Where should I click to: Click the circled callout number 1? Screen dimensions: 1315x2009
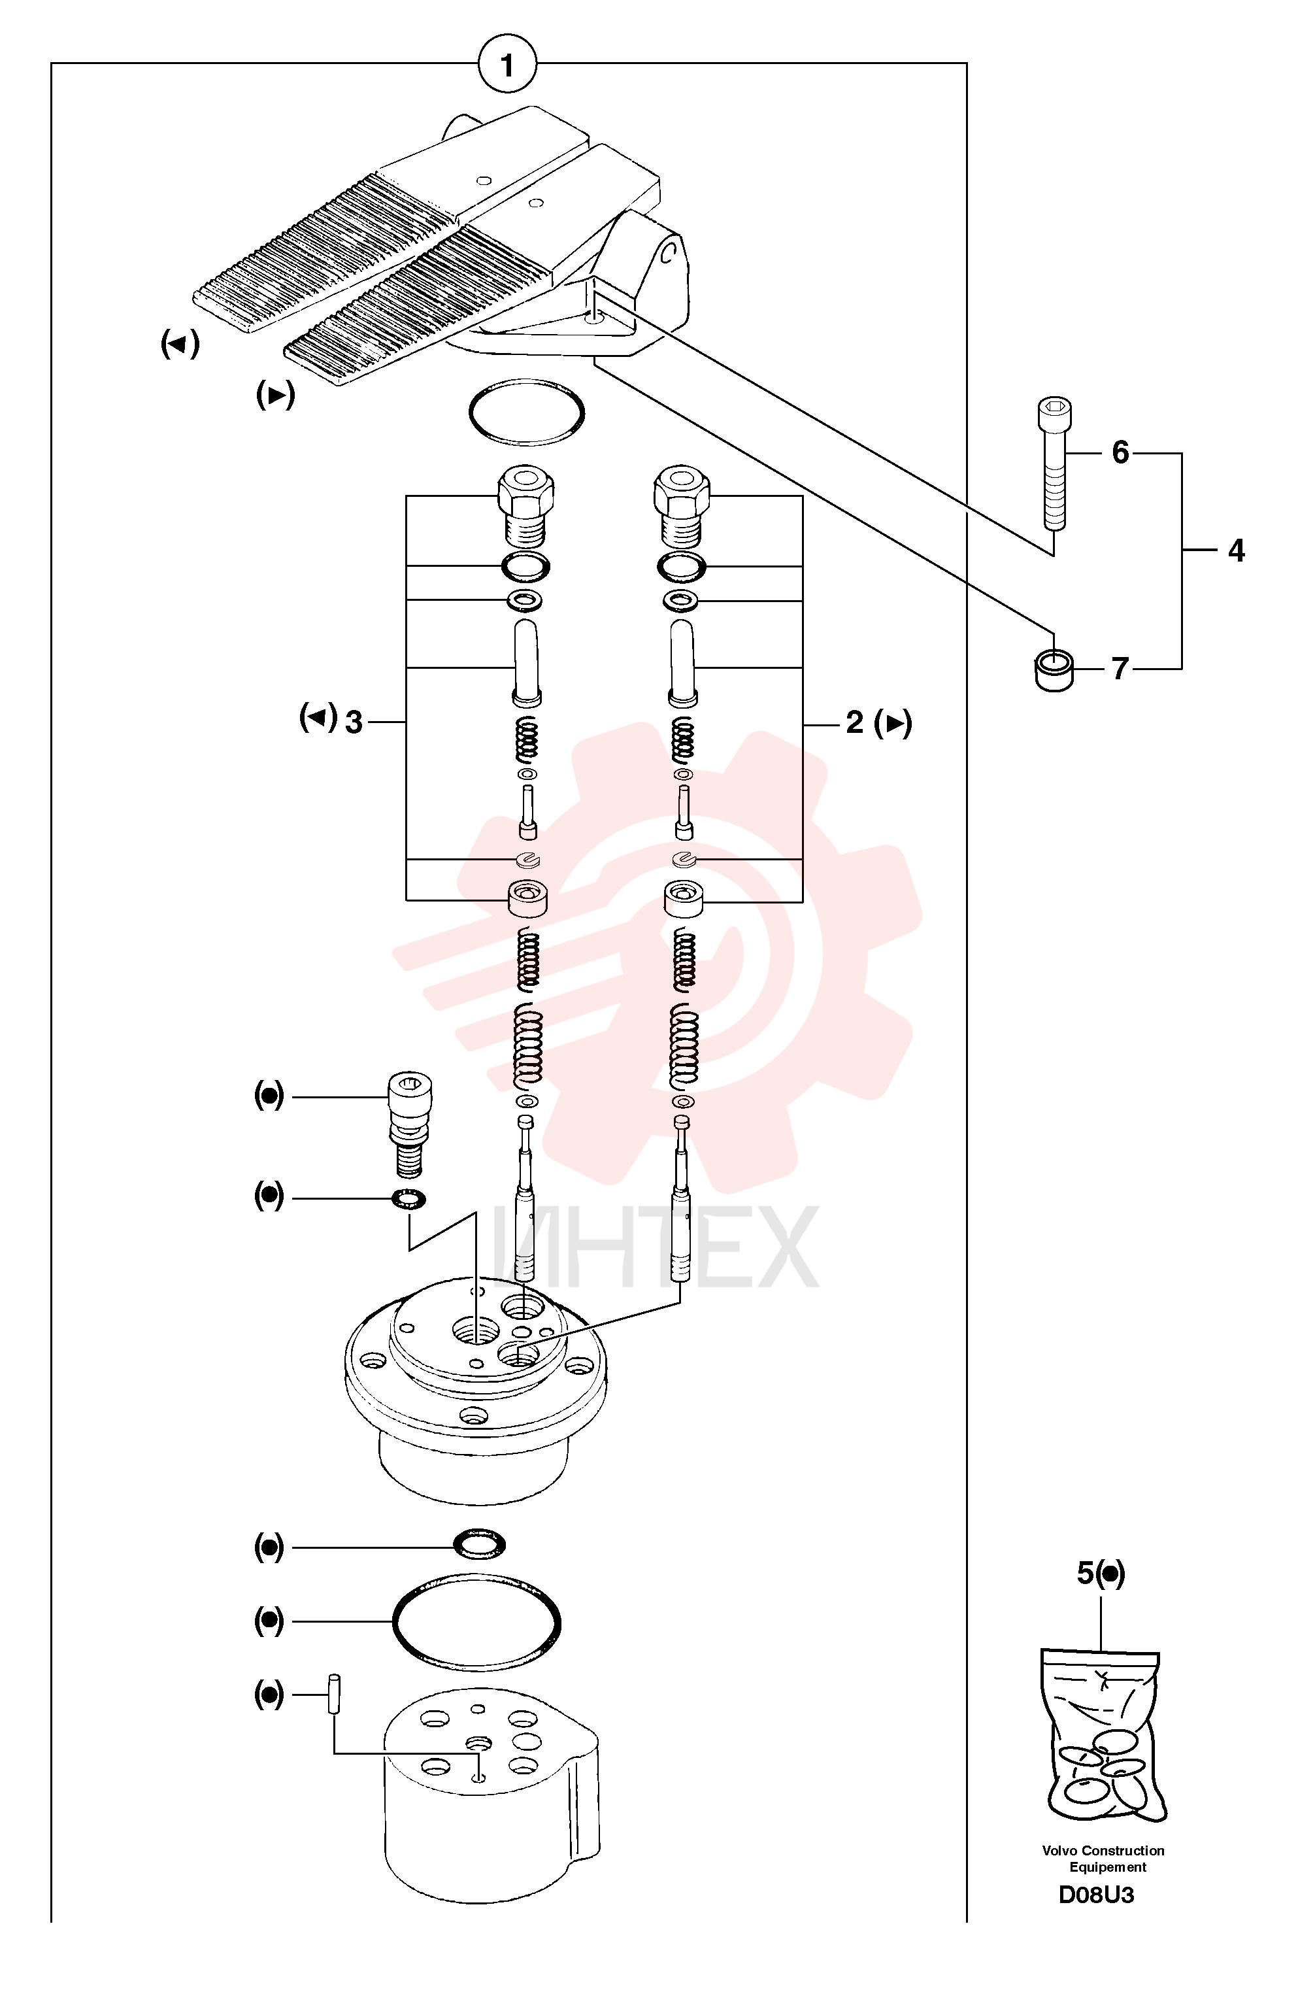507,64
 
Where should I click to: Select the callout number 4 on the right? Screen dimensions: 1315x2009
1236,550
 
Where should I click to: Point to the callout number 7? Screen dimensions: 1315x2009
1120,669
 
